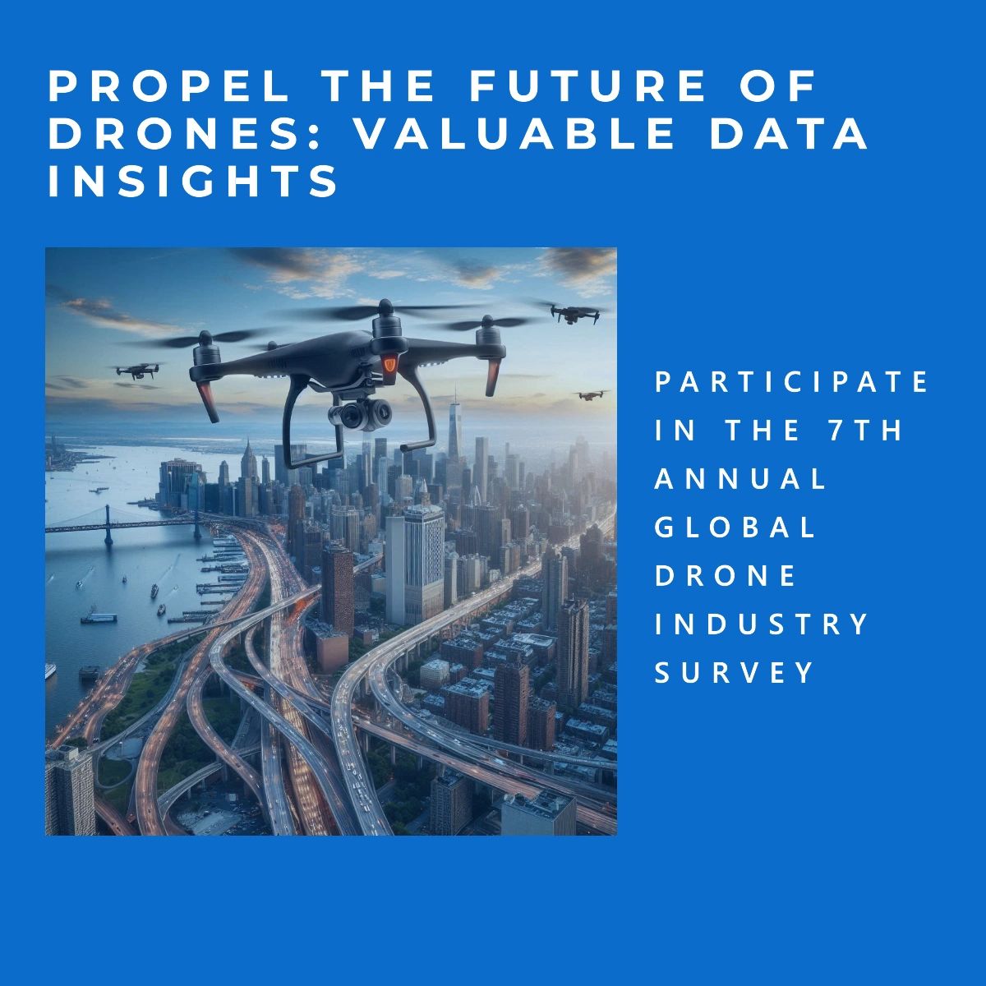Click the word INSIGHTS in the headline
point(194,182)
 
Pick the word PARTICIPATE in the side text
point(792,382)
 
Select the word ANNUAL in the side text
point(740,478)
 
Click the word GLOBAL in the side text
point(735,527)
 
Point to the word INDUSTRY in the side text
point(762,624)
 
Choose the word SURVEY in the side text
point(734,672)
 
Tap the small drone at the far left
point(138,371)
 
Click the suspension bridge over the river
point(123,523)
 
